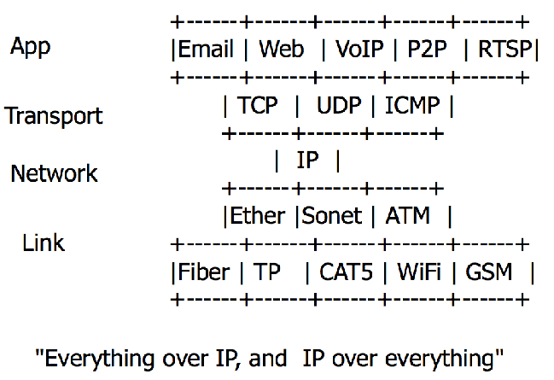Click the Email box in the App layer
pyautogui.click(x=206, y=49)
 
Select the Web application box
pyautogui.click(x=282, y=49)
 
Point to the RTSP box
pyautogui.click(x=504, y=49)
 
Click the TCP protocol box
pyautogui.click(x=258, y=106)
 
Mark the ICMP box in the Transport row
pyautogui.click(x=412, y=106)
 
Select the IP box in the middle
pyautogui.click(x=307, y=160)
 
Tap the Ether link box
pyautogui.click(x=258, y=215)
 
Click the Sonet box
pyautogui.click(x=332, y=215)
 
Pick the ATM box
pyautogui.click(x=408, y=215)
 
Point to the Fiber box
pyautogui.click(x=204, y=272)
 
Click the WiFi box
pyautogui.click(x=419, y=272)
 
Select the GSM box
pyautogui.click(x=489, y=272)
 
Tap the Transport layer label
pyautogui.click(x=54, y=115)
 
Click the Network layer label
pyautogui.click(x=54, y=173)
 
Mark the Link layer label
pyautogui.click(x=44, y=243)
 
